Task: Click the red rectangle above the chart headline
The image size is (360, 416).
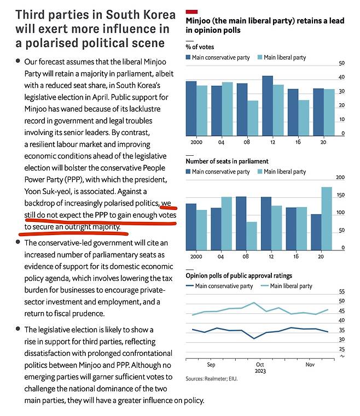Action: tap(191, 11)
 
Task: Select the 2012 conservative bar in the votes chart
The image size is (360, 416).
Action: tap(268, 106)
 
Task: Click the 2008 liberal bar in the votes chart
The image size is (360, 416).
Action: tap(252, 118)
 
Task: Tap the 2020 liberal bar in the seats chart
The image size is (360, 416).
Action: tap(327, 219)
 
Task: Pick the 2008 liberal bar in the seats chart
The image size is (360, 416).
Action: tap(252, 236)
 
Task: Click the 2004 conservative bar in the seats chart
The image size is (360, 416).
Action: tap(216, 229)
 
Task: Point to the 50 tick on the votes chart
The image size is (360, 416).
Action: tap(342, 63)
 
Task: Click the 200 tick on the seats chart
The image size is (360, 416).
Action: tap(340, 177)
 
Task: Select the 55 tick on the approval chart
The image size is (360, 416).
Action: tap(342, 291)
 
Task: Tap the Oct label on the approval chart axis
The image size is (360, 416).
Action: tap(260, 365)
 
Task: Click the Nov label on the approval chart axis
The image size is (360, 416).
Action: tap(310, 365)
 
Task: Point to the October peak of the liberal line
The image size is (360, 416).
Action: tap(253, 302)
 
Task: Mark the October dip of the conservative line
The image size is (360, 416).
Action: tap(254, 338)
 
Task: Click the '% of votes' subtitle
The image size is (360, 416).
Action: tap(200, 47)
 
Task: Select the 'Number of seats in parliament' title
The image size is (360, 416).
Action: tap(227, 161)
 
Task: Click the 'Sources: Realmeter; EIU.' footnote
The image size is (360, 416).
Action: tap(212, 379)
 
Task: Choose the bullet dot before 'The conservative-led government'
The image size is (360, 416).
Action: tap(18, 242)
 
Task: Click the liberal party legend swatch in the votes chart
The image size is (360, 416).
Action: tap(260, 57)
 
